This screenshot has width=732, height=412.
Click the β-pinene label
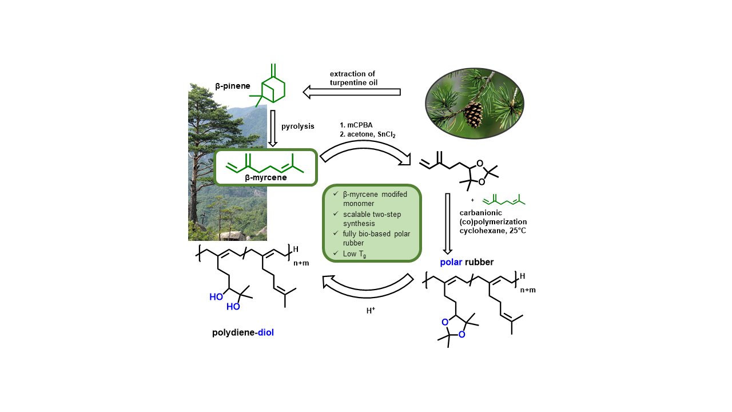coord(229,86)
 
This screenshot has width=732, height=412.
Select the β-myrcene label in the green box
coord(266,177)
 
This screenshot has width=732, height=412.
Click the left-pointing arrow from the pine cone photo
coord(351,92)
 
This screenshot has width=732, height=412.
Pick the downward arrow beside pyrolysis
coord(273,129)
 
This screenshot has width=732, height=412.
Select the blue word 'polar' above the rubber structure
coord(451,263)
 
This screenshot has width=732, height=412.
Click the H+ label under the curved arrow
coord(371,312)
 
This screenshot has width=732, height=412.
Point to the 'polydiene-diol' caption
coord(243,332)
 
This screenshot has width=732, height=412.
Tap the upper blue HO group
coord(216,297)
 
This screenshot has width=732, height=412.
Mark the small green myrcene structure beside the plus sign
coord(504,200)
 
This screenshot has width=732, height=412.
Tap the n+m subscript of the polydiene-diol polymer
coord(300,264)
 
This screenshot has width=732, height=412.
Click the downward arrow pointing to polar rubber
coord(448,223)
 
